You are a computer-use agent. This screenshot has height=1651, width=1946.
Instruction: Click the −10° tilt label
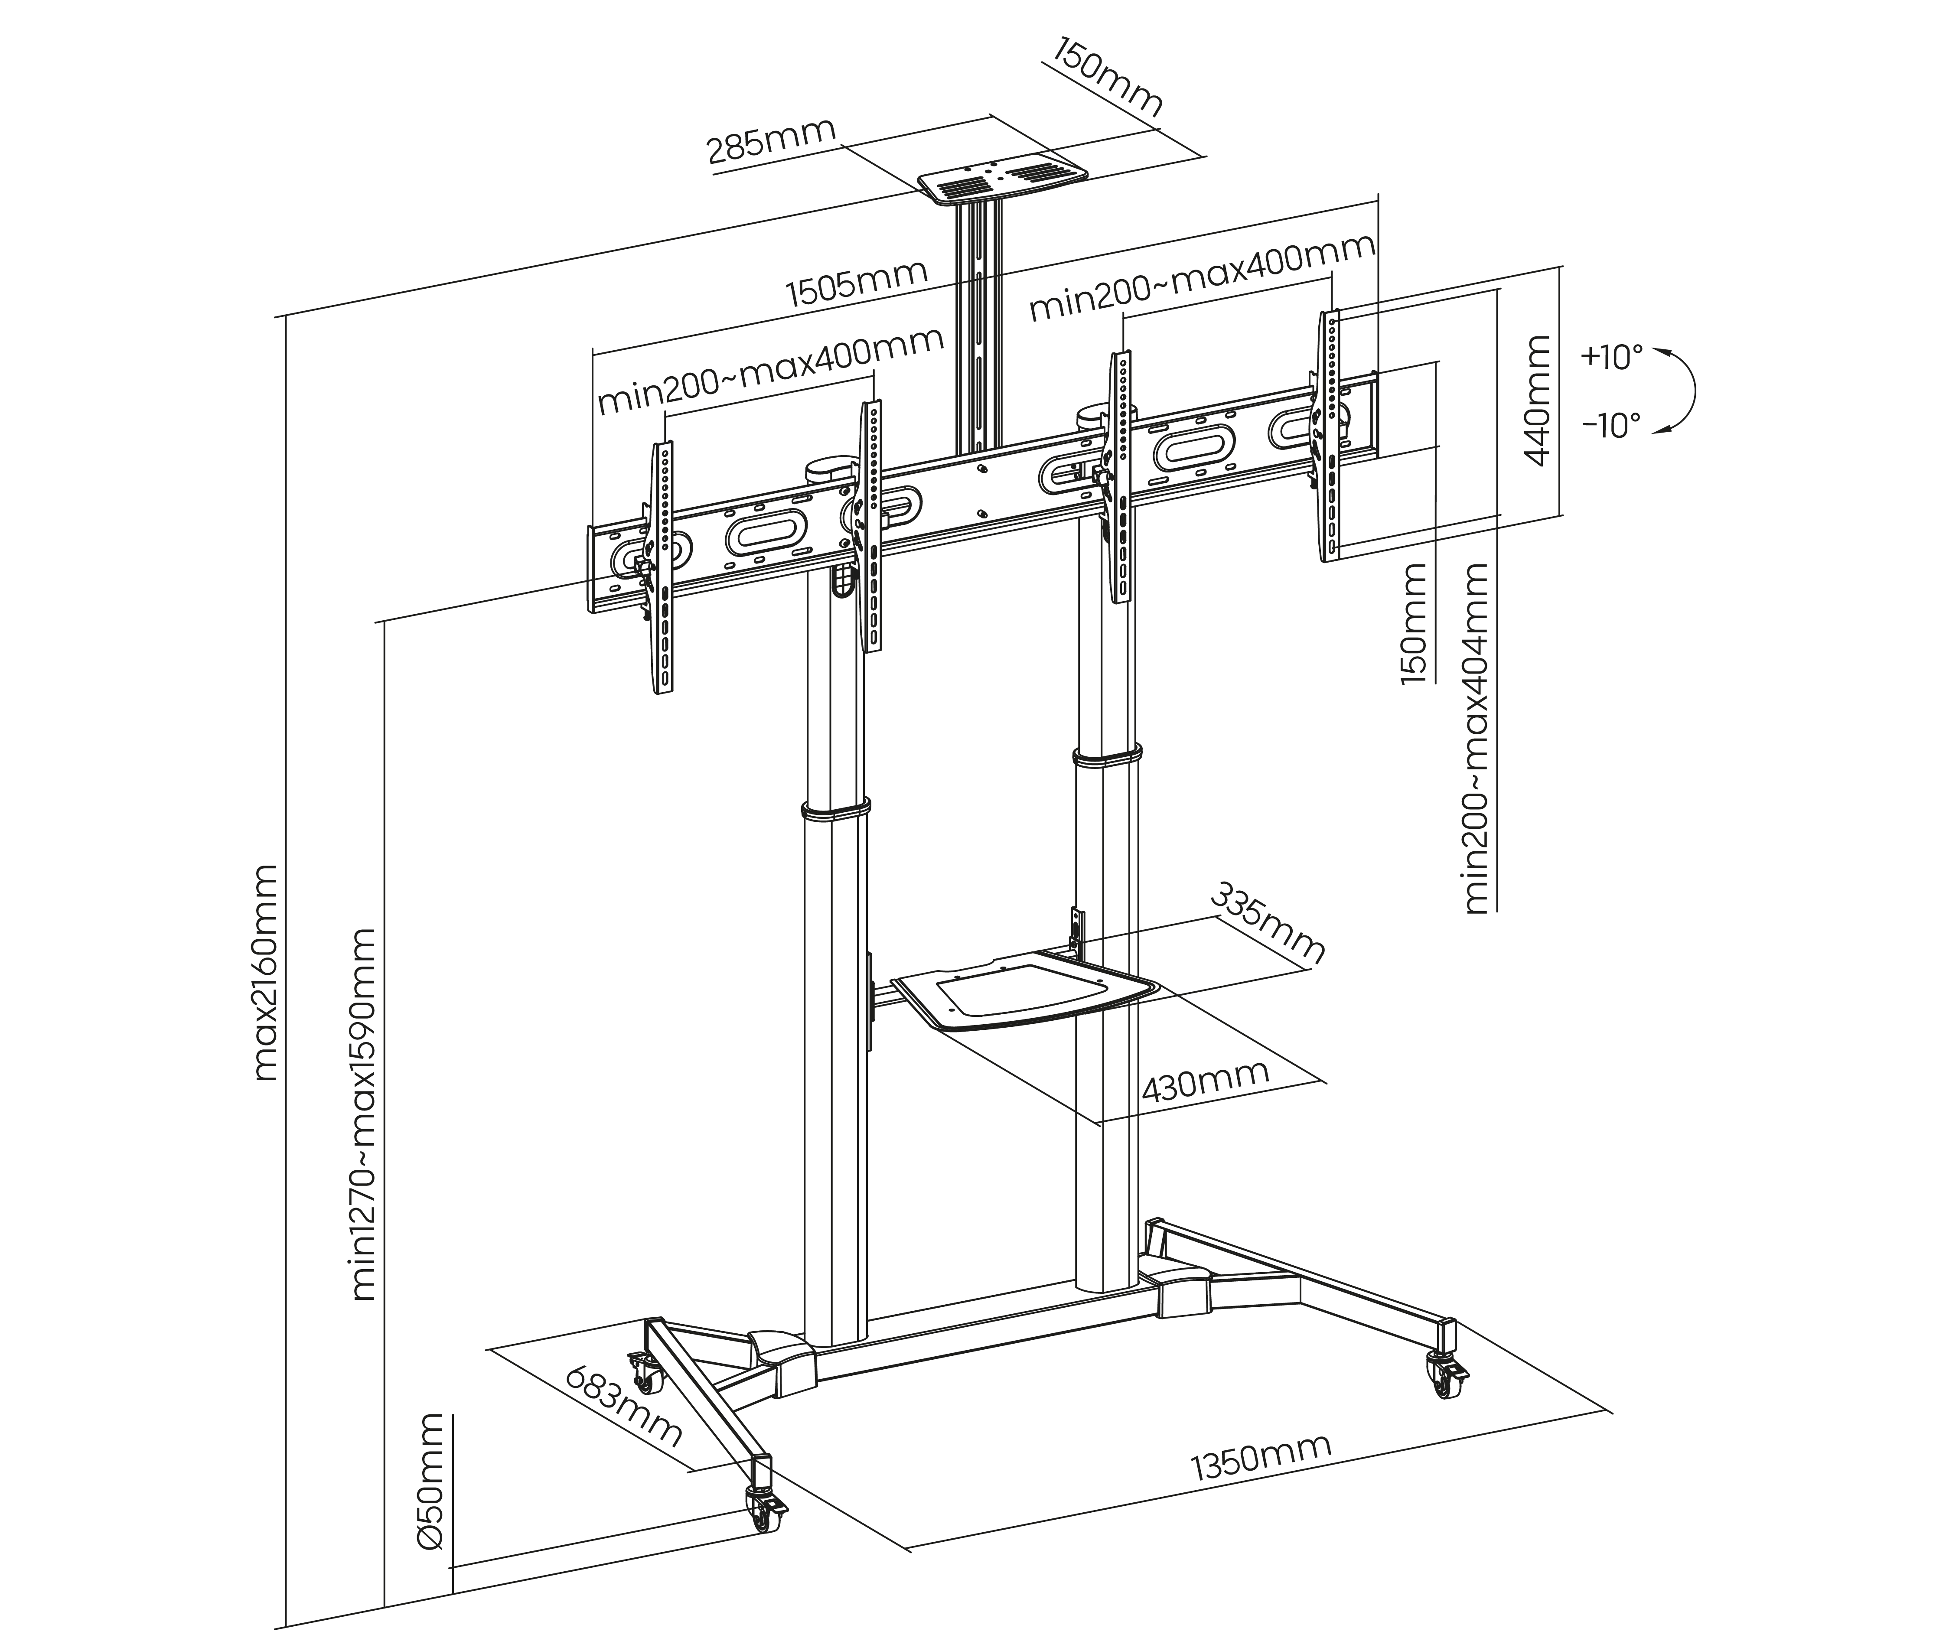pos(1612,426)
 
